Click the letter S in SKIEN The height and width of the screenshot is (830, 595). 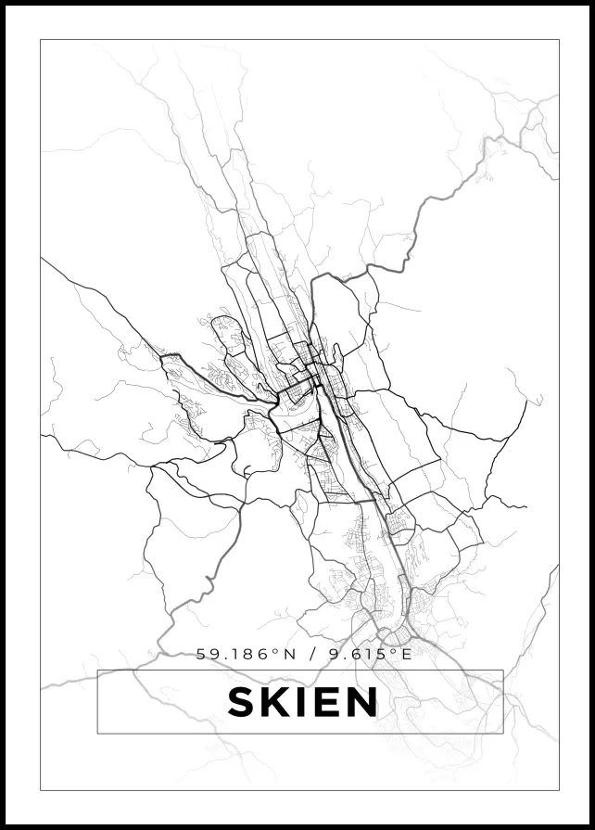click(243, 702)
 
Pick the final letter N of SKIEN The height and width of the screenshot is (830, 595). click(362, 702)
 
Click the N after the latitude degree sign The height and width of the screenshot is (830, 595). click(290, 654)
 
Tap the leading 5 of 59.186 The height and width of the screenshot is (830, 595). click(201, 654)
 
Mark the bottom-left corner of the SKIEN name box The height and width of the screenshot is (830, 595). click(97, 734)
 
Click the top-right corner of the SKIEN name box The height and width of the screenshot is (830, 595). click(503, 670)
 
